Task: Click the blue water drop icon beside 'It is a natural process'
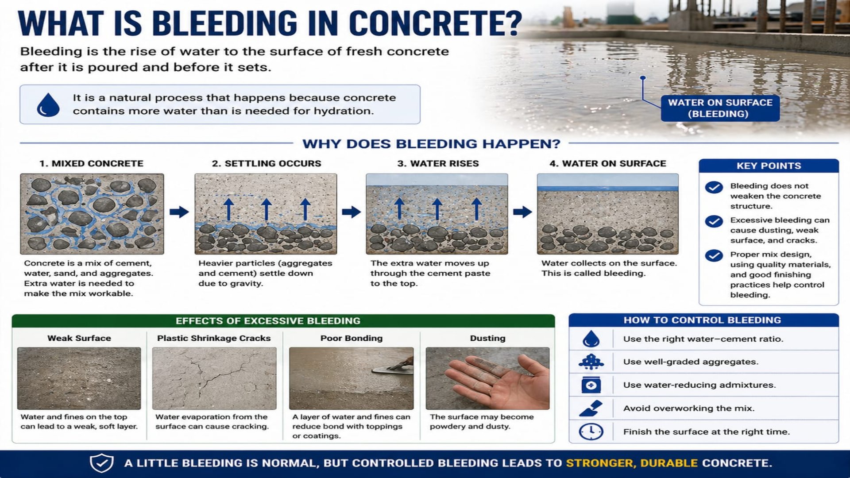[48, 104]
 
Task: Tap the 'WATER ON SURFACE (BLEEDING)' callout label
[720, 108]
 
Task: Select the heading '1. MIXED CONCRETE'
[91, 163]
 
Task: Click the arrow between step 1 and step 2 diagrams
[179, 212]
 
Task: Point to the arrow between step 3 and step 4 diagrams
[522, 212]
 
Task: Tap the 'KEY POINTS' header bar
[769, 166]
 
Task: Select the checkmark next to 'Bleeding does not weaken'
[714, 187]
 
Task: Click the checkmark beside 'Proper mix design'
[714, 256]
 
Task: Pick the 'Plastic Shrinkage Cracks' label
[214, 338]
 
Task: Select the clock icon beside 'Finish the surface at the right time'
[591, 432]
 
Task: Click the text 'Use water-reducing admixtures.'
[699, 385]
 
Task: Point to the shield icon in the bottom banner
[102, 463]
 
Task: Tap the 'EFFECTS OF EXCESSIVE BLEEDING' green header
[268, 321]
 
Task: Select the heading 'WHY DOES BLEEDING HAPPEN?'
[431, 144]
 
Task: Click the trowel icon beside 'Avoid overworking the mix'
[591, 408]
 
